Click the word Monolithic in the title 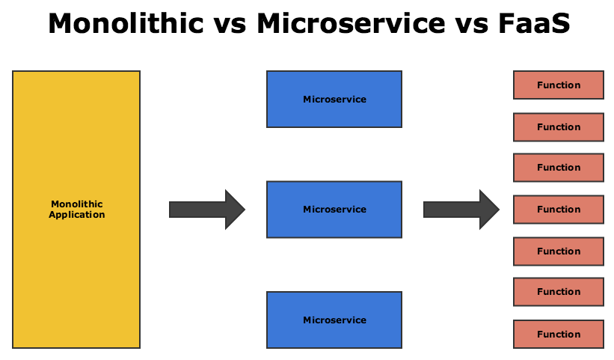[126, 23]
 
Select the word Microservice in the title [351, 23]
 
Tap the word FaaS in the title [535, 23]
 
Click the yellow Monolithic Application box [76, 210]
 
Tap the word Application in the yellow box [77, 215]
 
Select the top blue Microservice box [334, 99]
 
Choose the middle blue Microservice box [334, 210]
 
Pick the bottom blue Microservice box [334, 320]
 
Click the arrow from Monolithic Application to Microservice [207, 210]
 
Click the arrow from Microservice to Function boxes [461, 210]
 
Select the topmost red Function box [559, 85]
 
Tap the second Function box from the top [559, 127]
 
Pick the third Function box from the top [559, 168]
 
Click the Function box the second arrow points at [559, 210]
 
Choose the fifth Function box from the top [559, 251]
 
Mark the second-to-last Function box [559, 292]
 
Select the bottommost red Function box [559, 334]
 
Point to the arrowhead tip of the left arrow [245, 210]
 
